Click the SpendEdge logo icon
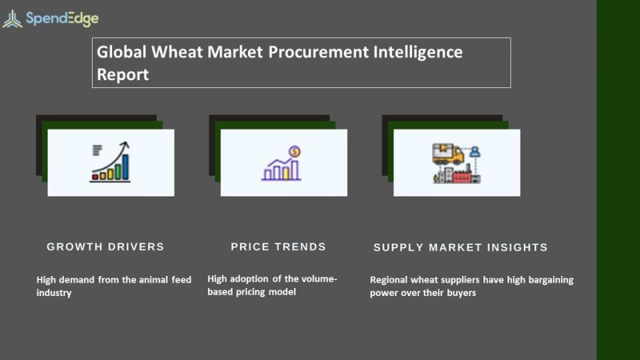point(12,19)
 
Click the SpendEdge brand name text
point(62,19)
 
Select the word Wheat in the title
point(177,52)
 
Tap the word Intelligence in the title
point(418,53)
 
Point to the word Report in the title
point(123,75)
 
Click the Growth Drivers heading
point(105,247)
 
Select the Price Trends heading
point(279,247)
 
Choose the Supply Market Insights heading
point(461,247)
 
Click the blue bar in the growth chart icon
point(125,167)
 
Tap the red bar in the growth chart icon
point(95,177)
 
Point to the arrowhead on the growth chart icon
point(126,144)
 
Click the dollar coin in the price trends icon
point(294,152)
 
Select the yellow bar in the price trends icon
point(286,173)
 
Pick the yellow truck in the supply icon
point(448,153)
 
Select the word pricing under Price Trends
point(251,292)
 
